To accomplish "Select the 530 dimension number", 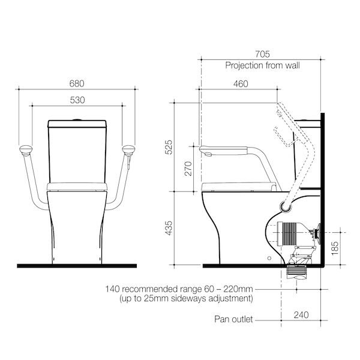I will (x=77, y=100).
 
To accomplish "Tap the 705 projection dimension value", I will (x=262, y=54).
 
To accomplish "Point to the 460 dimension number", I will (x=240, y=83).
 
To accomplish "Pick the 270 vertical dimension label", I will (x=188, y=169).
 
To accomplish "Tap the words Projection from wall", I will (x=262, y=65).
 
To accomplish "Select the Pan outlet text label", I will (x=235, y=319).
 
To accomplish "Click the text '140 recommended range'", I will (x=154, y=289).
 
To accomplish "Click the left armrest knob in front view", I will (x=26, y=149).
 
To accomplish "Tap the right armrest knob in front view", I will (x=128, y=149).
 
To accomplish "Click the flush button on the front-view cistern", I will (x=77, y=120).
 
